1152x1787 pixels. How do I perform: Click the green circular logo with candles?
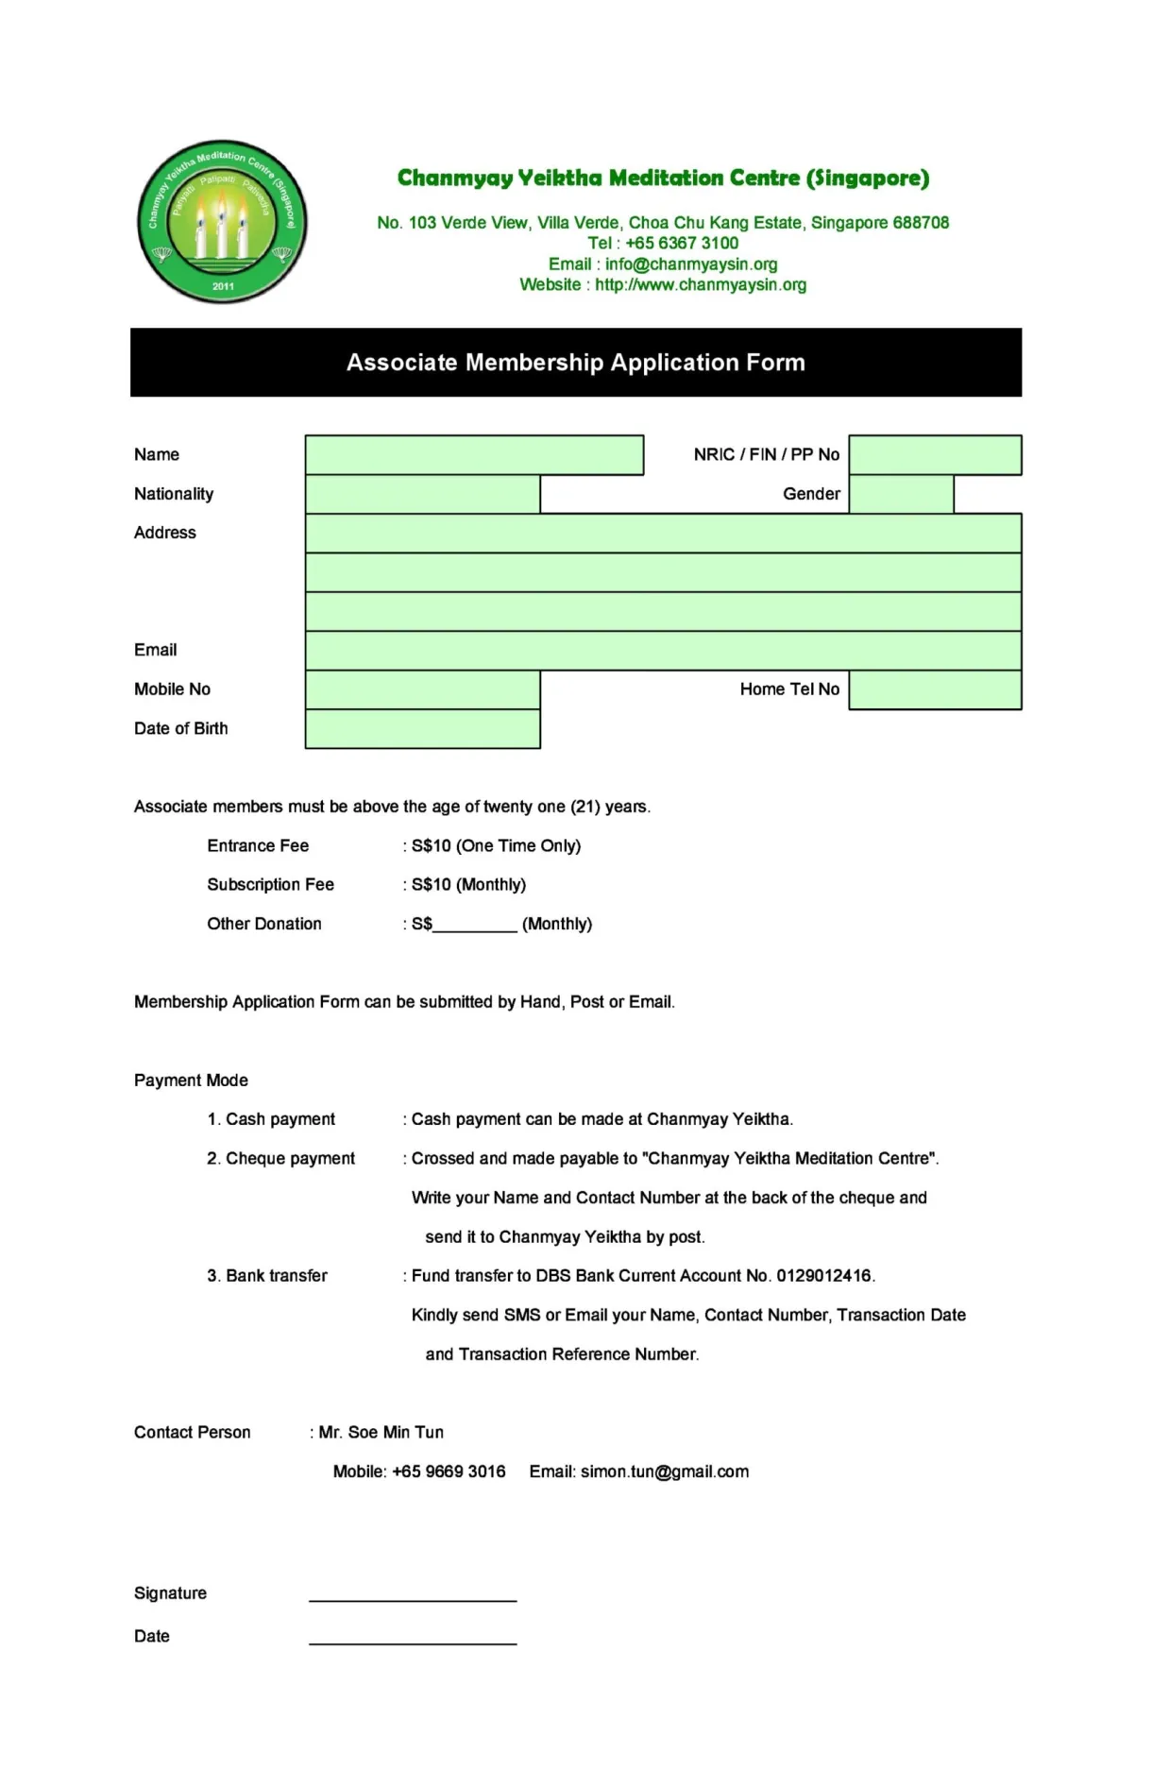click(223, 222)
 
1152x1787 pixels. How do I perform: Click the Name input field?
click(474, 454)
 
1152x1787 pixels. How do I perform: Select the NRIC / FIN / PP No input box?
click(934, 454)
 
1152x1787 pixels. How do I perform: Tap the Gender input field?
click(901, 494)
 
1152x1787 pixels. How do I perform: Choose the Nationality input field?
click(422, 494)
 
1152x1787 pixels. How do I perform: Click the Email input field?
click(663, 651)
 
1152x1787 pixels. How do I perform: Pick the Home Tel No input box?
click(934, 689)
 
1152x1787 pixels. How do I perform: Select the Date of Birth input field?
click(422, 729)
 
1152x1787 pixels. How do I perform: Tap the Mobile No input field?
click(422, 689)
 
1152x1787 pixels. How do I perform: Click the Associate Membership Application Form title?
click(575, 363)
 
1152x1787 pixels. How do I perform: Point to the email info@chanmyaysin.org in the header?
click(690, 264)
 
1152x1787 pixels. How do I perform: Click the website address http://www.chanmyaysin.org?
click(700, 285)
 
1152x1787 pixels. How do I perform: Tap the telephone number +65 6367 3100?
click(681, 243)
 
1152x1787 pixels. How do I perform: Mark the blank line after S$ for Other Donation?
click(475, 926)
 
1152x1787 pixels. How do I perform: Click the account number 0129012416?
click(823, 1276)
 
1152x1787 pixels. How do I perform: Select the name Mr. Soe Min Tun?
click(381, 1433)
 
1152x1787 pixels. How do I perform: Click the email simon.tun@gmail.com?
click(664, 1472)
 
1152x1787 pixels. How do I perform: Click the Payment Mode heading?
click(191, 1081)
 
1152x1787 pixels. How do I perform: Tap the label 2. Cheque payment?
click(280, 1159)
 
